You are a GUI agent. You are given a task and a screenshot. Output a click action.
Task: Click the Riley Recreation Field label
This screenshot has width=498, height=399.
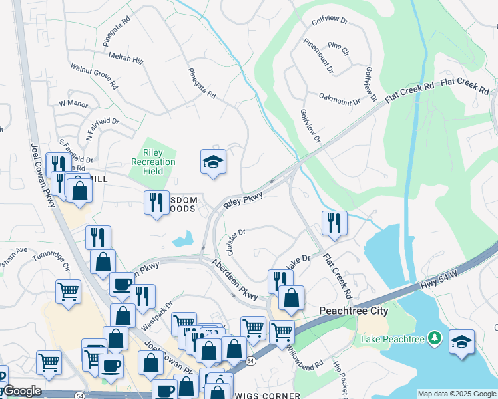pyautogui.click(x=153, y=162)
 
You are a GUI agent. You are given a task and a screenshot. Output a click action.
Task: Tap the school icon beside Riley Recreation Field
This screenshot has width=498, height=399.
pyautogui.click(x=214, y=162)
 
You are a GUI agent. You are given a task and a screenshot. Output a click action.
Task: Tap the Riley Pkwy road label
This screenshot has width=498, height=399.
pyautogui.click(x=244, y=201)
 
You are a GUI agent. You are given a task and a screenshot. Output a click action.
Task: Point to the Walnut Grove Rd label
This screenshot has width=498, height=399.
pyautogui.click(x=94, y=76)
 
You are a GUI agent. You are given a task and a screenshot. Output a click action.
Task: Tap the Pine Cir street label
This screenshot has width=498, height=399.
pyautogui.click(x=338, y=50)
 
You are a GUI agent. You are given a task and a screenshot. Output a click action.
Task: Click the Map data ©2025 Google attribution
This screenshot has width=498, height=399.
pyautogui.click(x=456, y=394)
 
